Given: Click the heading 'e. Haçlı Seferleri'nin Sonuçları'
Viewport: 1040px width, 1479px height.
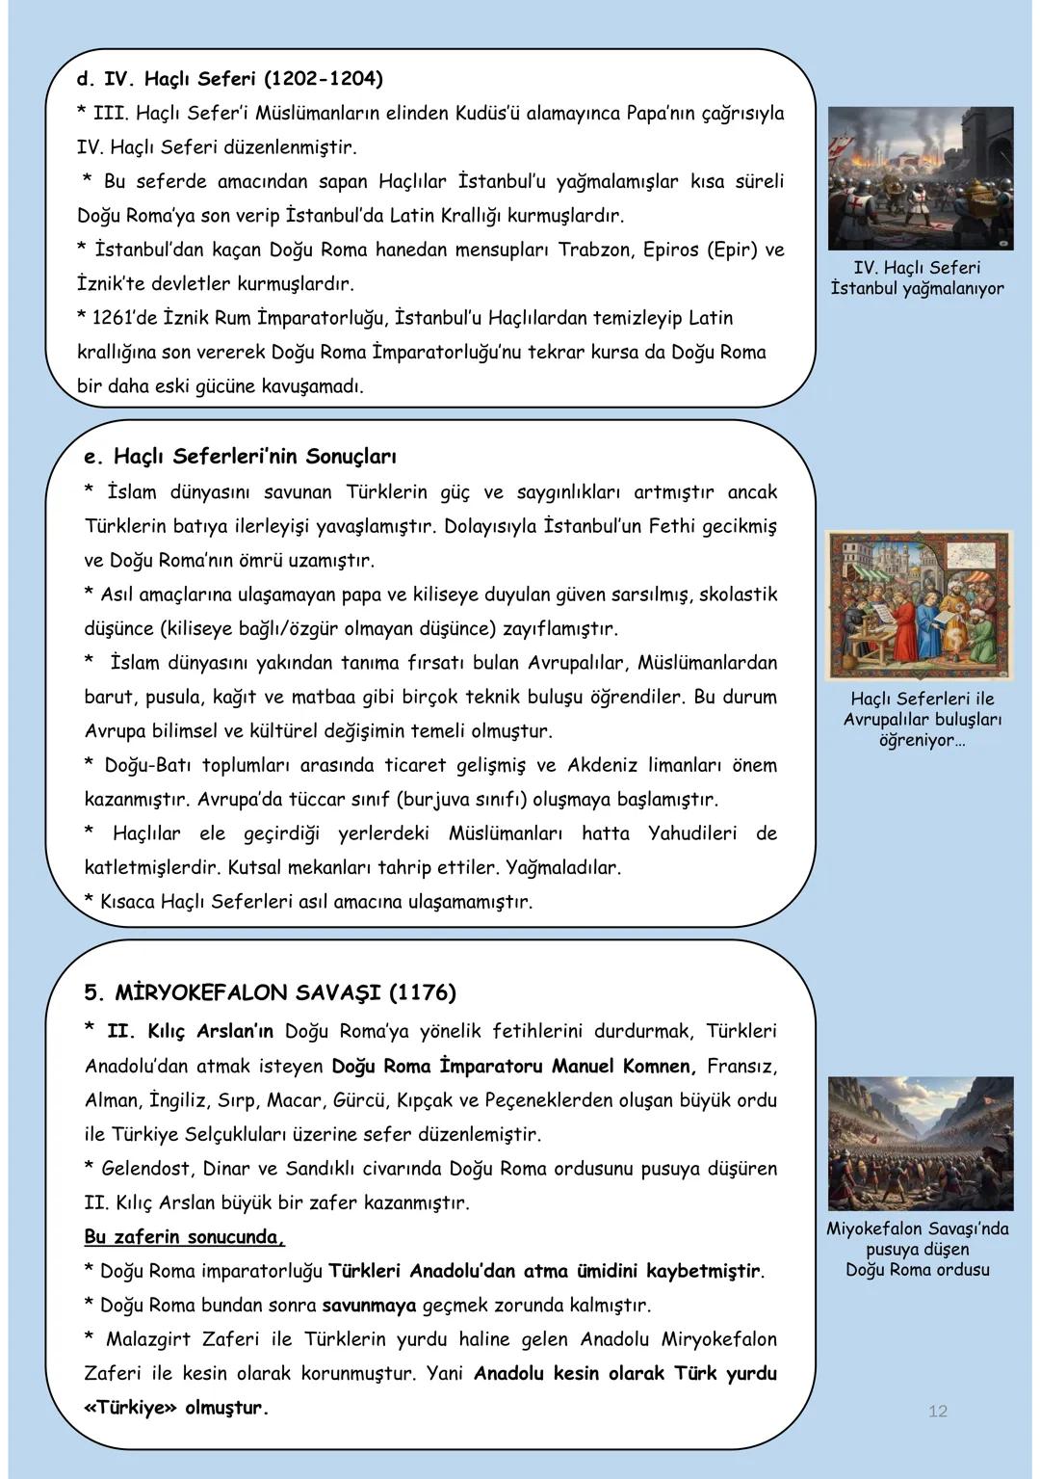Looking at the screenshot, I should tap(240, 456).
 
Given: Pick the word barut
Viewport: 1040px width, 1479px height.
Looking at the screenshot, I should tap(109, 697).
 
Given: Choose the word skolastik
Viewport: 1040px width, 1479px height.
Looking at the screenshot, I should tap(738, 594).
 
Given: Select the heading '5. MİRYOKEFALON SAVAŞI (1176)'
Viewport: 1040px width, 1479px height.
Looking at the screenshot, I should tap(271, 992).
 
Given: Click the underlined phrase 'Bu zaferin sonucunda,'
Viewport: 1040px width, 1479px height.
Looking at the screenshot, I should tap(185, 1237).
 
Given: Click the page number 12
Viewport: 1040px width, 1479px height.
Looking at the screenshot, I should tap(938, 1412).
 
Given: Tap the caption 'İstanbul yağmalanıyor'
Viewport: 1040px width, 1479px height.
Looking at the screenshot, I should tap(917, 289).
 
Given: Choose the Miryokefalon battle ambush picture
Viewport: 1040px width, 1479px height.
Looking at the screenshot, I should tap(920, 1144).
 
